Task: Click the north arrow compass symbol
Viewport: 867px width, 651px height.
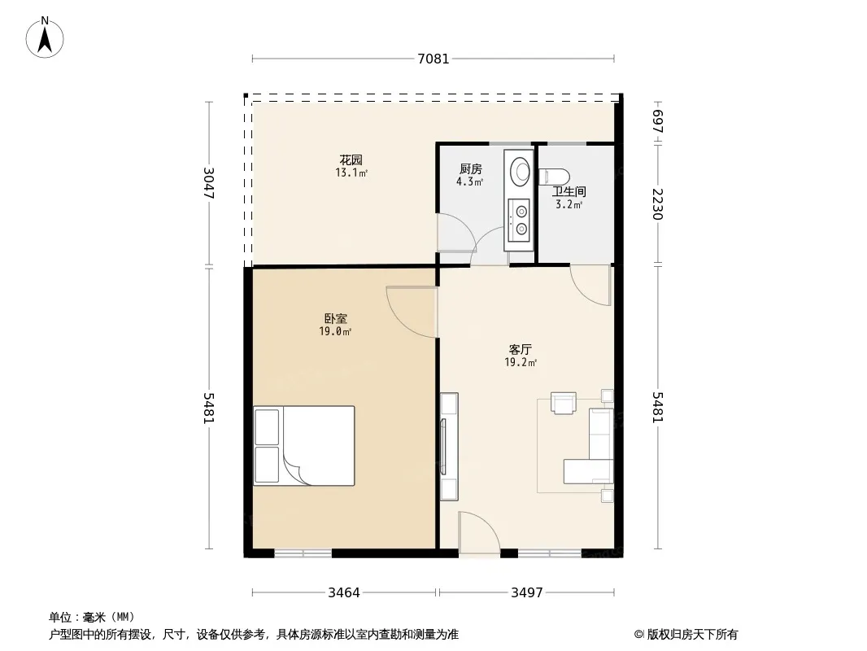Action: tap(45, 37)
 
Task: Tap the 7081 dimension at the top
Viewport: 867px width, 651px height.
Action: tap(433, 59)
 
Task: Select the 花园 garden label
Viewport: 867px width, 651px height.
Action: tap(351, 160)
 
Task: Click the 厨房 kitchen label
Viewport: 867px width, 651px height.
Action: tap(471, 169)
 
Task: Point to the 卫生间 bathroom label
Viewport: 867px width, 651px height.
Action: tap(569, 192)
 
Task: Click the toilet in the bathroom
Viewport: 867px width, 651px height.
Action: tap(554, 177)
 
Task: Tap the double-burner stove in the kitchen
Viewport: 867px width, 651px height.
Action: tap(521, 221)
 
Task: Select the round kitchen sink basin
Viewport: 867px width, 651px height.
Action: tap(520, 172)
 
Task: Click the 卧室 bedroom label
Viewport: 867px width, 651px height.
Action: tap(336, 319)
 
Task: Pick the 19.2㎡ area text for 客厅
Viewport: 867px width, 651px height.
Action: tap(521, 363)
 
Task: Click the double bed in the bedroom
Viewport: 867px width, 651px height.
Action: tap(304, 446)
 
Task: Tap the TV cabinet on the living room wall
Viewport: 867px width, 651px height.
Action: tap(449, 447)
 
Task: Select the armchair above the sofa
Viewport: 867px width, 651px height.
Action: tap(564, 403)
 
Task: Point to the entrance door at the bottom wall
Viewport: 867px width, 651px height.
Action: tap(479, 533)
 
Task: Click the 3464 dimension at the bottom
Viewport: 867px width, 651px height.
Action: tap(344, 593)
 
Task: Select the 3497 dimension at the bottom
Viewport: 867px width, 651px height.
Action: tap(527, 593)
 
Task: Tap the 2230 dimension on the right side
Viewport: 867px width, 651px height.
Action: tap(657, 204)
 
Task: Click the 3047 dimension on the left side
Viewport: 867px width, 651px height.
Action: tap(209, 183)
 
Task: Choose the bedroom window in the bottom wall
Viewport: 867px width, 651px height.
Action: tap(303, 553)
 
